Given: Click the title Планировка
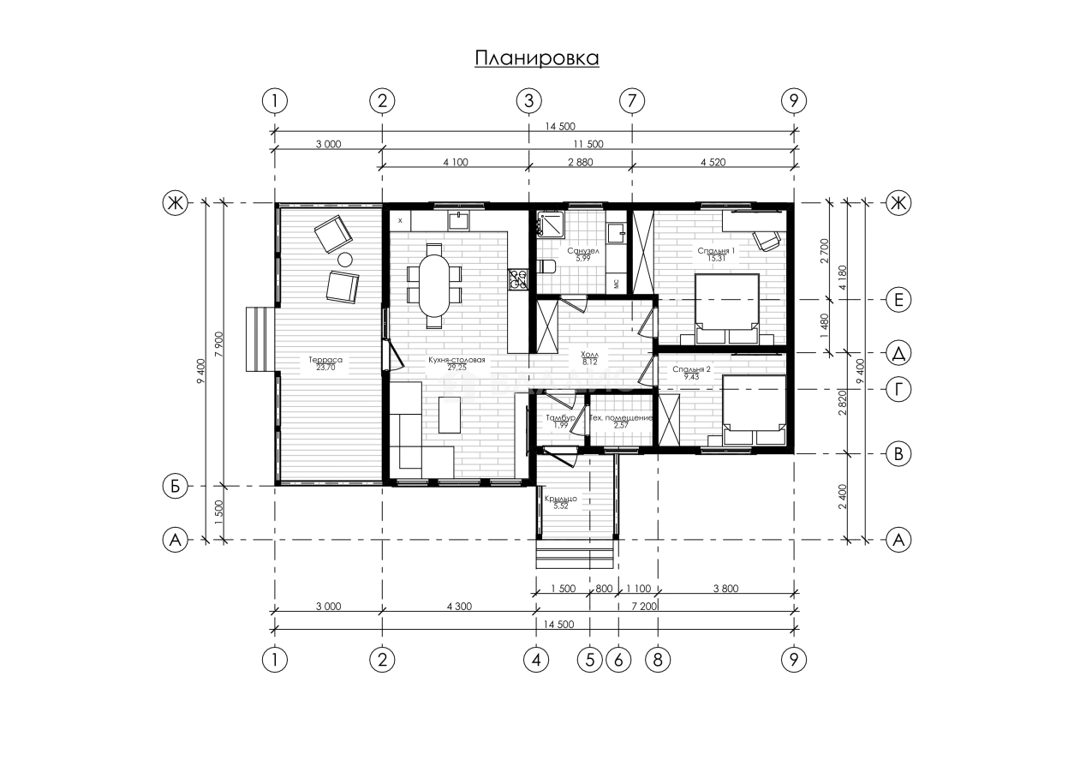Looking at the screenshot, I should pyautogui.click(x=536, y=58).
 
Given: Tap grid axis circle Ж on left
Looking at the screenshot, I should pyautogui.click(x=175, y=203).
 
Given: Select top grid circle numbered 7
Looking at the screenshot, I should pyautogui.click(x=631, y=100).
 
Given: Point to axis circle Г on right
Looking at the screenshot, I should pyautogui.click(x=898, y=390).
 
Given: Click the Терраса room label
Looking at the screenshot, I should pyautogui.click(x=325, y=361).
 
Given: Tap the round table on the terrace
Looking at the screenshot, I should pyautogui.click(x=345, y=260).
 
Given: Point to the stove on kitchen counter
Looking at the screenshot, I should pyautogui.click(x=517, y=278).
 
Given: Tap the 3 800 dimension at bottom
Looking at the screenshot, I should pyautogui.click(x=725, y=589).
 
